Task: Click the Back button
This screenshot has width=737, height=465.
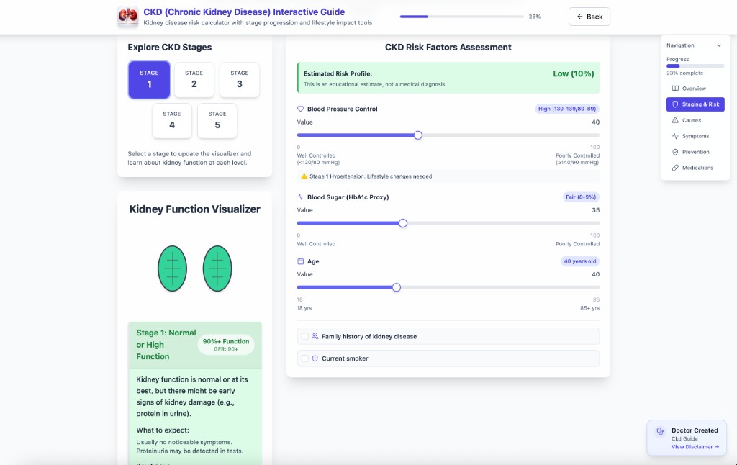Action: coord(589,17)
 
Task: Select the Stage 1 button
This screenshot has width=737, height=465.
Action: coord(149,79)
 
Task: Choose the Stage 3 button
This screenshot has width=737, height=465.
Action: coord(240,79)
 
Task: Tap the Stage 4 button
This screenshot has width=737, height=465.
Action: coord(171,120)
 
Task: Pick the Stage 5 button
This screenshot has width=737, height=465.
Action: coord(217,120)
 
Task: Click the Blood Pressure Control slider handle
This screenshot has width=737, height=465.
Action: coord(417,135)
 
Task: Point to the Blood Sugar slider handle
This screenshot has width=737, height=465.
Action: coord(403,223)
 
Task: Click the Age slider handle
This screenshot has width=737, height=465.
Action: coord(396,287)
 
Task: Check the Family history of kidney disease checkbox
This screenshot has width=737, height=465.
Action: coord(305,336)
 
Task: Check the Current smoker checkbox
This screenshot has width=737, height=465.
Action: coord(305,358)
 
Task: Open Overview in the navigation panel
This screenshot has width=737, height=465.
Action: coord(694,89)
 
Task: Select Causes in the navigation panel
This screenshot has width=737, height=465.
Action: coord(691,120)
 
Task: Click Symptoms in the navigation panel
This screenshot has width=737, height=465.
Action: coord(695,136)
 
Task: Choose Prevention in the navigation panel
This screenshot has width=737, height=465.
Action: coord(695,152)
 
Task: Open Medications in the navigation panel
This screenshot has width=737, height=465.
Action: coord(697,168)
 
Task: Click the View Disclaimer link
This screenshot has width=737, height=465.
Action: coord(695,447)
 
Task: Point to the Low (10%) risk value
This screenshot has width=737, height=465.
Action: coord(573,73)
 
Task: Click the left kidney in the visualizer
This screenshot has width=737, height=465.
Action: coord(172,268)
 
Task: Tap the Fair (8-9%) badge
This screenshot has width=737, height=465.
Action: coord(581,197)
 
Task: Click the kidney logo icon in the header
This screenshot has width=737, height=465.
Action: coord(128,17)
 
